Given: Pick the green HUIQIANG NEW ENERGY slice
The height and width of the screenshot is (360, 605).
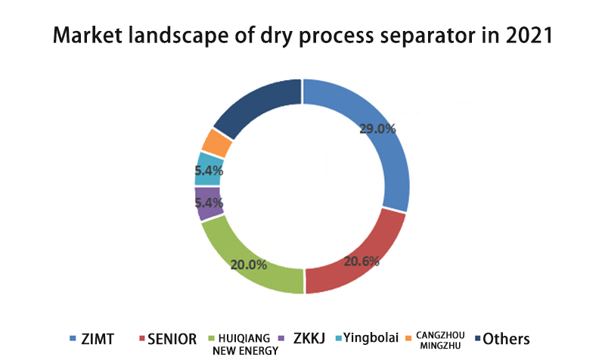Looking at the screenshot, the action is pos(247,262).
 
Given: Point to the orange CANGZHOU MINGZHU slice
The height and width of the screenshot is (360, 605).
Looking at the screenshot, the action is pos(217,143).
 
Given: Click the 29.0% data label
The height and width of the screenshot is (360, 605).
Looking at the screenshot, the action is pos(377,129).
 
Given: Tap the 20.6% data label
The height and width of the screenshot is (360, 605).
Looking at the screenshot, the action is pos(361,262).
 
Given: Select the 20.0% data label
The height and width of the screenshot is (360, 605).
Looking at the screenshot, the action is pos(249,265).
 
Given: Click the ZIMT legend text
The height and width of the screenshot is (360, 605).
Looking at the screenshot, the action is pos(98,339).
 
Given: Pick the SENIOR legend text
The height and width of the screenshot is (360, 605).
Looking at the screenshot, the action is pos(172,339).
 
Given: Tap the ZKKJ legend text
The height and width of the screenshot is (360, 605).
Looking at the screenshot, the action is pos(309,338).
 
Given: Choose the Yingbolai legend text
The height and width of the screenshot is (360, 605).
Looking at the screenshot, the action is pos(371,338).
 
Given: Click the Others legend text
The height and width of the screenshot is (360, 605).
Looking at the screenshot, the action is pos(506,339).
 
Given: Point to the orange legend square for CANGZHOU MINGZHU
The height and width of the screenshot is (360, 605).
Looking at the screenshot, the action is pos(408,338).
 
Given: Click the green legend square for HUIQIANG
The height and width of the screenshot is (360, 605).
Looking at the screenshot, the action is pos(211,338).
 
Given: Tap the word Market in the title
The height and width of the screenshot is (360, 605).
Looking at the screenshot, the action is pos(88,35).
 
